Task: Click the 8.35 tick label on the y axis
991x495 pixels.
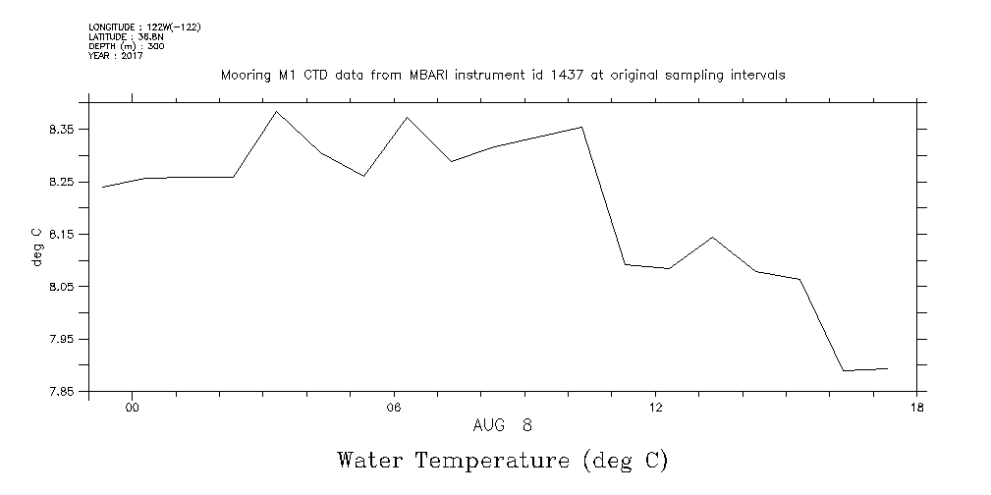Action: (63, 130)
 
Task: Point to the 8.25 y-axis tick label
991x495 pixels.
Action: (63, 182)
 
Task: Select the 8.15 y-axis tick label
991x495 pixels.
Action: (63, 234)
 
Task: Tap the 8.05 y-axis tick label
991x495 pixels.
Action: (63, 287)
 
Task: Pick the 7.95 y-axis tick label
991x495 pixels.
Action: (63, 339)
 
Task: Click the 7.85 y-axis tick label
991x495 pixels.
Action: (63, 391)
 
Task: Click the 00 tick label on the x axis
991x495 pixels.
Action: (132, 408)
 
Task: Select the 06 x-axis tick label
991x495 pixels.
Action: (394, 408)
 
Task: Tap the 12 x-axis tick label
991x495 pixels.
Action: (655, 408)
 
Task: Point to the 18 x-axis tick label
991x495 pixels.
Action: (916, 408)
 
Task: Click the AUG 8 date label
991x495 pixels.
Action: (502, 425)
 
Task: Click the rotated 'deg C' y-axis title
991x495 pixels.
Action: (37, 247)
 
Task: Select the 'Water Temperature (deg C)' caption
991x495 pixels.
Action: (502, 460)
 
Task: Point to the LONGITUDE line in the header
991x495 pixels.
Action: (144, 27)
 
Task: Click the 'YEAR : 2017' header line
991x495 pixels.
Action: (116, 56)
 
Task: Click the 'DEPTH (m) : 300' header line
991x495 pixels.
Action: (126, 46)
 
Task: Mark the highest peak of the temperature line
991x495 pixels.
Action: (277, 111)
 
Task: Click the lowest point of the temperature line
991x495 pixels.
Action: (844, 370)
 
